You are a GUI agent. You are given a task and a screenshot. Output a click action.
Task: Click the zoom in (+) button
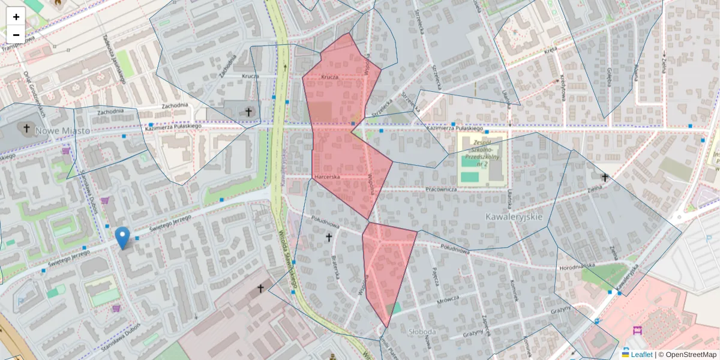pos(16,17)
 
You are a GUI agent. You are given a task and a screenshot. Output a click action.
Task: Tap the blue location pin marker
pos(122,238)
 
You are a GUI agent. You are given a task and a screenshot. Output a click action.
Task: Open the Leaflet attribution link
pos(641,355)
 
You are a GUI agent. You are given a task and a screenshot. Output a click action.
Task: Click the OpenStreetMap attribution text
pos(691,355)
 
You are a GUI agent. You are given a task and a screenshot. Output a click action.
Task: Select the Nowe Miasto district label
pos(62,130)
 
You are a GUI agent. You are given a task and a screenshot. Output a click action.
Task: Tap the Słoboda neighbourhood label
pos(421,331)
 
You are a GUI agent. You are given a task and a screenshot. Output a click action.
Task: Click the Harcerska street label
pos(327,177)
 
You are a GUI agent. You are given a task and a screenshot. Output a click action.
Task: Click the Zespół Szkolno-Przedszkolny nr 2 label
pos(482,150)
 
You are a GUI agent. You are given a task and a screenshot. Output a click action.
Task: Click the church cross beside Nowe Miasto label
pos(26,128)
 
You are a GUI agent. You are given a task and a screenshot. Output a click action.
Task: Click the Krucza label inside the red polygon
pos(329,77)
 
